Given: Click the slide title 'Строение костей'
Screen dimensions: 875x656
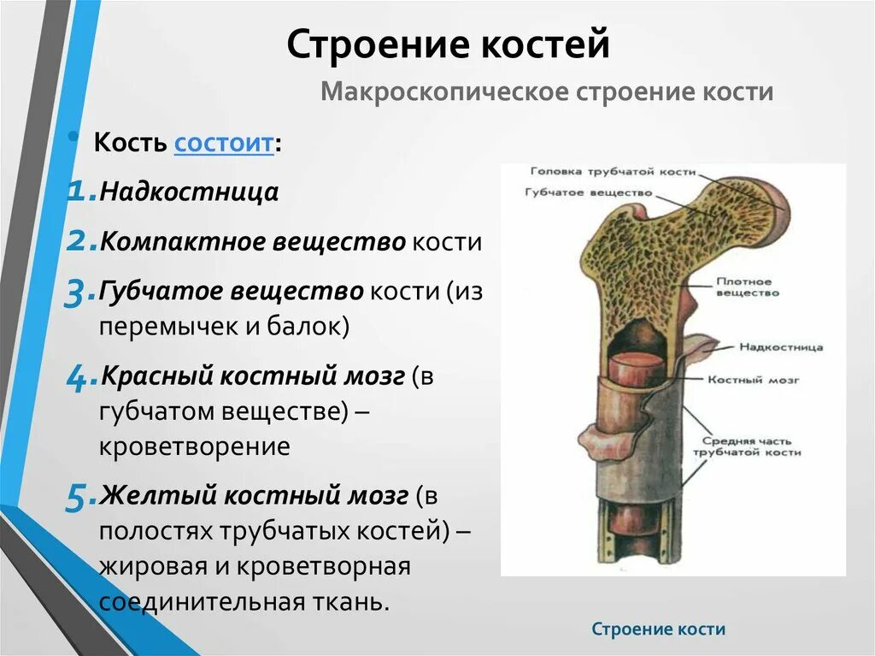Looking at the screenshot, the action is [x=448, y=44].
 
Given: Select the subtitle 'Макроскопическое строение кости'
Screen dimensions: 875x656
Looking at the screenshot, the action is [x=547, y=91].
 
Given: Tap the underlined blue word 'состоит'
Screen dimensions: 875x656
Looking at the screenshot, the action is [x=224, y=143].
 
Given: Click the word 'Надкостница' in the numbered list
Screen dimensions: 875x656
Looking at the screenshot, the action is [x=189, y=191].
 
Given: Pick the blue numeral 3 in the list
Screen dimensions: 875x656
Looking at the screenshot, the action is [x=75, y=293].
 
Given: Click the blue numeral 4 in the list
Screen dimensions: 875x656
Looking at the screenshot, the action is [x=77, y=378].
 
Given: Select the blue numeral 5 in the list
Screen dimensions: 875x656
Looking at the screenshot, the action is [x=76, y=497].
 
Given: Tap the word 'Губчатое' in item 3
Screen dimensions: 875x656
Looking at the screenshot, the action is [x=161, y=292].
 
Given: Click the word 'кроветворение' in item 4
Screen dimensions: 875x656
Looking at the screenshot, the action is [x=195, y=446].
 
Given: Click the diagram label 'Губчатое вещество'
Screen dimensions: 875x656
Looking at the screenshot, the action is [x=589, y=192].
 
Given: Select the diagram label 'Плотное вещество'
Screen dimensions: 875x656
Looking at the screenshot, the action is [x=747, y=287].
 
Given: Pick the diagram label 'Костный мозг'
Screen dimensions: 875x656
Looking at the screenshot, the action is [x=754, y=380].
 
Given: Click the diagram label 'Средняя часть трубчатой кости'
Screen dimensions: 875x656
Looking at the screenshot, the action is [x=747, y=446].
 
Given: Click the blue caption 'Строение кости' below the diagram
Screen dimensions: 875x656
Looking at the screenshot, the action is [x=659, y=629].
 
